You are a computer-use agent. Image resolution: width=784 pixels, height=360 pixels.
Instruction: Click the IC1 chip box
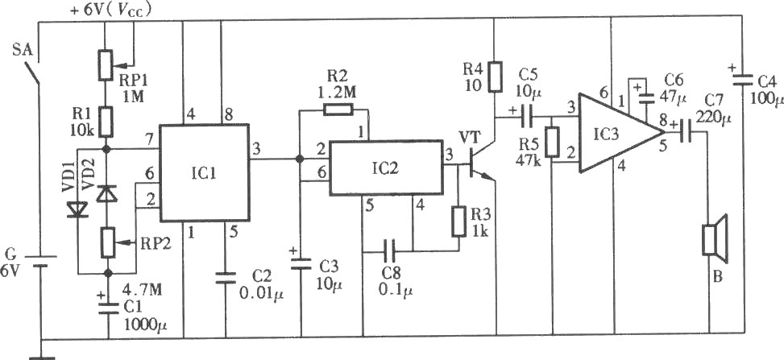205,172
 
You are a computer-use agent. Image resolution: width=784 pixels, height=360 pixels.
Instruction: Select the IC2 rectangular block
386,167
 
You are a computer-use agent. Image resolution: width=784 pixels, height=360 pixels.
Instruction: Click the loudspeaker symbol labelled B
715,239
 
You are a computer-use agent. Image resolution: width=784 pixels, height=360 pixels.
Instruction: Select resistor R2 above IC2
338,109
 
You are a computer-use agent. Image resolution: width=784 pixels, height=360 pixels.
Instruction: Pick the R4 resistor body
494,77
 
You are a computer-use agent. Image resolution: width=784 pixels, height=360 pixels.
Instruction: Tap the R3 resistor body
458,221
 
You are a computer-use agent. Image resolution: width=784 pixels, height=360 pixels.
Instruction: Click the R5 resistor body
552,143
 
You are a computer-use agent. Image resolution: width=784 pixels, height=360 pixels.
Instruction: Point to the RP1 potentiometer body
105,64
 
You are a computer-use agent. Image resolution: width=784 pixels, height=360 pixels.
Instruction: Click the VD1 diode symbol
78,209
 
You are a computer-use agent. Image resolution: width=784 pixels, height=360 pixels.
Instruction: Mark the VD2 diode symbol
106,193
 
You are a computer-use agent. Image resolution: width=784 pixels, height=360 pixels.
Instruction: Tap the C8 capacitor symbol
389,251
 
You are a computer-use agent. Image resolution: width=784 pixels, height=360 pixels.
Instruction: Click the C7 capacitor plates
686,132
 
